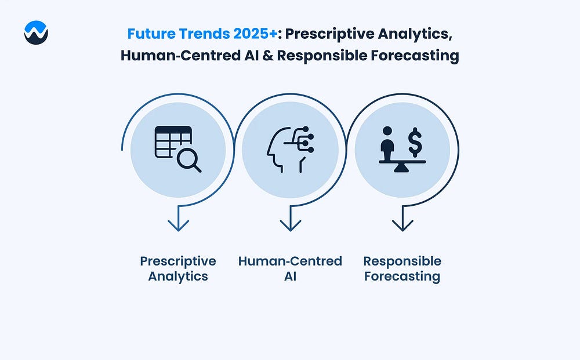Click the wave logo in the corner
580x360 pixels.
coord(36,32)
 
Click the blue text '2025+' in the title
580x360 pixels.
coord(255,34)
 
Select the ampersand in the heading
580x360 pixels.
coord(268,56)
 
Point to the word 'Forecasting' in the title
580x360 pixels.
coord(415,56)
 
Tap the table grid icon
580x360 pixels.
coord(173,142)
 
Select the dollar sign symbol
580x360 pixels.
coord(415,142)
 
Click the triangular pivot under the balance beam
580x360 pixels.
coord(402,168)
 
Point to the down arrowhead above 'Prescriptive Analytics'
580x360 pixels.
coord(178,225)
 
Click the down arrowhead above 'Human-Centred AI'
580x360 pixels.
coord(291,225)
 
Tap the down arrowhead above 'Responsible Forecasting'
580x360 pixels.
coord(403,225)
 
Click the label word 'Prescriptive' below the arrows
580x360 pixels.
coord(178,261)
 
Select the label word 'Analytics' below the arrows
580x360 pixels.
coord(178,277)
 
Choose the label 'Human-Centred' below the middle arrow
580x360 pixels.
coord(290,261)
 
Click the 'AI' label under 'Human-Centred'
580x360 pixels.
coord(291,276)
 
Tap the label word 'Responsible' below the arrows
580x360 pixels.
coord(402,261)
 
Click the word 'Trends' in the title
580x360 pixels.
coord(204,34)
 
